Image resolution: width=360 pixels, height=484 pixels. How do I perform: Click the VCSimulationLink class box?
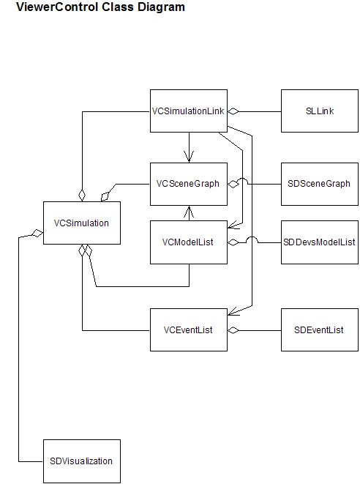pyautogui.click(x=189, y=111)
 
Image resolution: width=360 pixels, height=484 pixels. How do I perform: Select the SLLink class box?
pyautogui.click(x=320, y=111)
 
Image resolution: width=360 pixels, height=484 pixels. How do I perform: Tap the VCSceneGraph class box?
pyautogui.click(x=189, y=184)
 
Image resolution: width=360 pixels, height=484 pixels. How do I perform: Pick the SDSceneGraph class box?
pyautogui.click(x=320, y=184)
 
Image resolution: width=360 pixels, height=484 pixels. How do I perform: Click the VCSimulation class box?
pyautogui.click(x=82, y=223)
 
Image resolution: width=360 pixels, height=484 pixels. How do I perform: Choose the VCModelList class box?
pyautogui.click(x=189, y=242)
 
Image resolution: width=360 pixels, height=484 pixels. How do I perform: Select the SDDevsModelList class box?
pyautogui.click(x=320, y=242)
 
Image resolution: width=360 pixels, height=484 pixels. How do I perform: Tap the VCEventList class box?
pyautogui.click(x=189, y=330)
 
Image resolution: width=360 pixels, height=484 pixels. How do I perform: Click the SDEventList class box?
pyautogui.click(x=320, y=330)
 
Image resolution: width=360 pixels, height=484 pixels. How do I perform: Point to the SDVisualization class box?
pyautogui.click(x=82, y=461)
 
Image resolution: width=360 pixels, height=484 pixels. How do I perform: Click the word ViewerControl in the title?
pyautogui.click(x=57, y=7)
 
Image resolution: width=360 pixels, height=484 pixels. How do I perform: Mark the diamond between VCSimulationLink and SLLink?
pyautogui.click(x=233, y=111)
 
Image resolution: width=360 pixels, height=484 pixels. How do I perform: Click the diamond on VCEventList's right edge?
pyautogui.click(x=233, y=330)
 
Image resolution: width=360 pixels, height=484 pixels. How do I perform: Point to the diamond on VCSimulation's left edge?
pyautogui.click(x=37, y=234)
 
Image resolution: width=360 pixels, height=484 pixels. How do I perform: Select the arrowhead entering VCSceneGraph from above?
pyautogui.click(x=189, y=157)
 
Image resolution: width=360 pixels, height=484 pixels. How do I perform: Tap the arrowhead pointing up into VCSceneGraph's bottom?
pyautogui.click(x=189, y=212)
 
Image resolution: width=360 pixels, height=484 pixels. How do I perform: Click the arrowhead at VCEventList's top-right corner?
pyautogui.click(x=234, y=311)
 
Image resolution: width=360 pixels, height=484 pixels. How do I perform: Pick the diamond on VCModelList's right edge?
pyautogui.click(x=233, y=242)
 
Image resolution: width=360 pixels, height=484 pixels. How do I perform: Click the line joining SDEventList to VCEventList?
pyautogui.click(x=260, y=330)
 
